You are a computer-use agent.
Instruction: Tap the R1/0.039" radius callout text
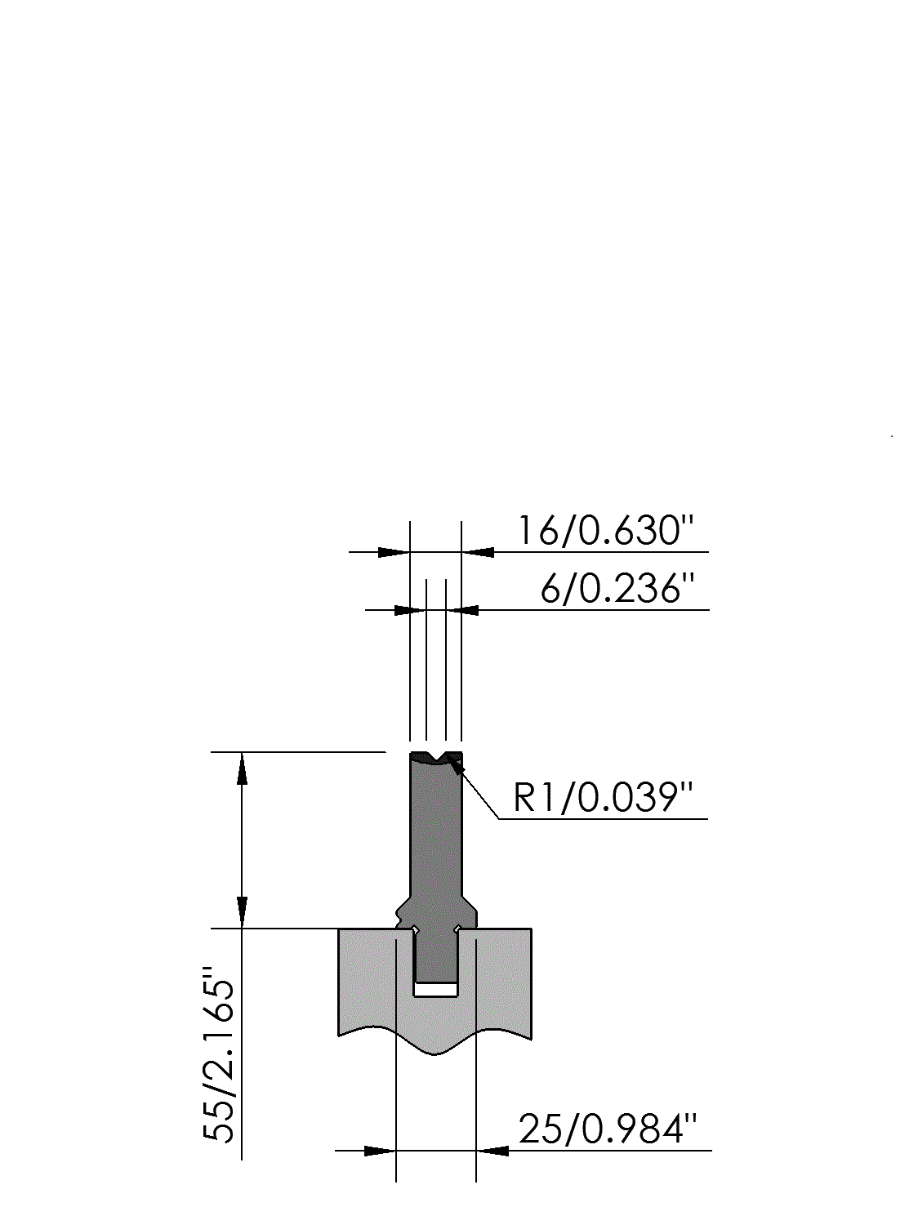[x=603, y=798]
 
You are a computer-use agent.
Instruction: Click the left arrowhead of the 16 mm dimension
[x=394, y=553]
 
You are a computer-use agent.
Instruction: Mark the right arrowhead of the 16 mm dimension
[x=478, y=553]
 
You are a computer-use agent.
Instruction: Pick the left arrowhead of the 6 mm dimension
[x=410, y=610]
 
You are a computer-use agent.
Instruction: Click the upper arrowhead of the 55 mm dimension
[x=242, y=768]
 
